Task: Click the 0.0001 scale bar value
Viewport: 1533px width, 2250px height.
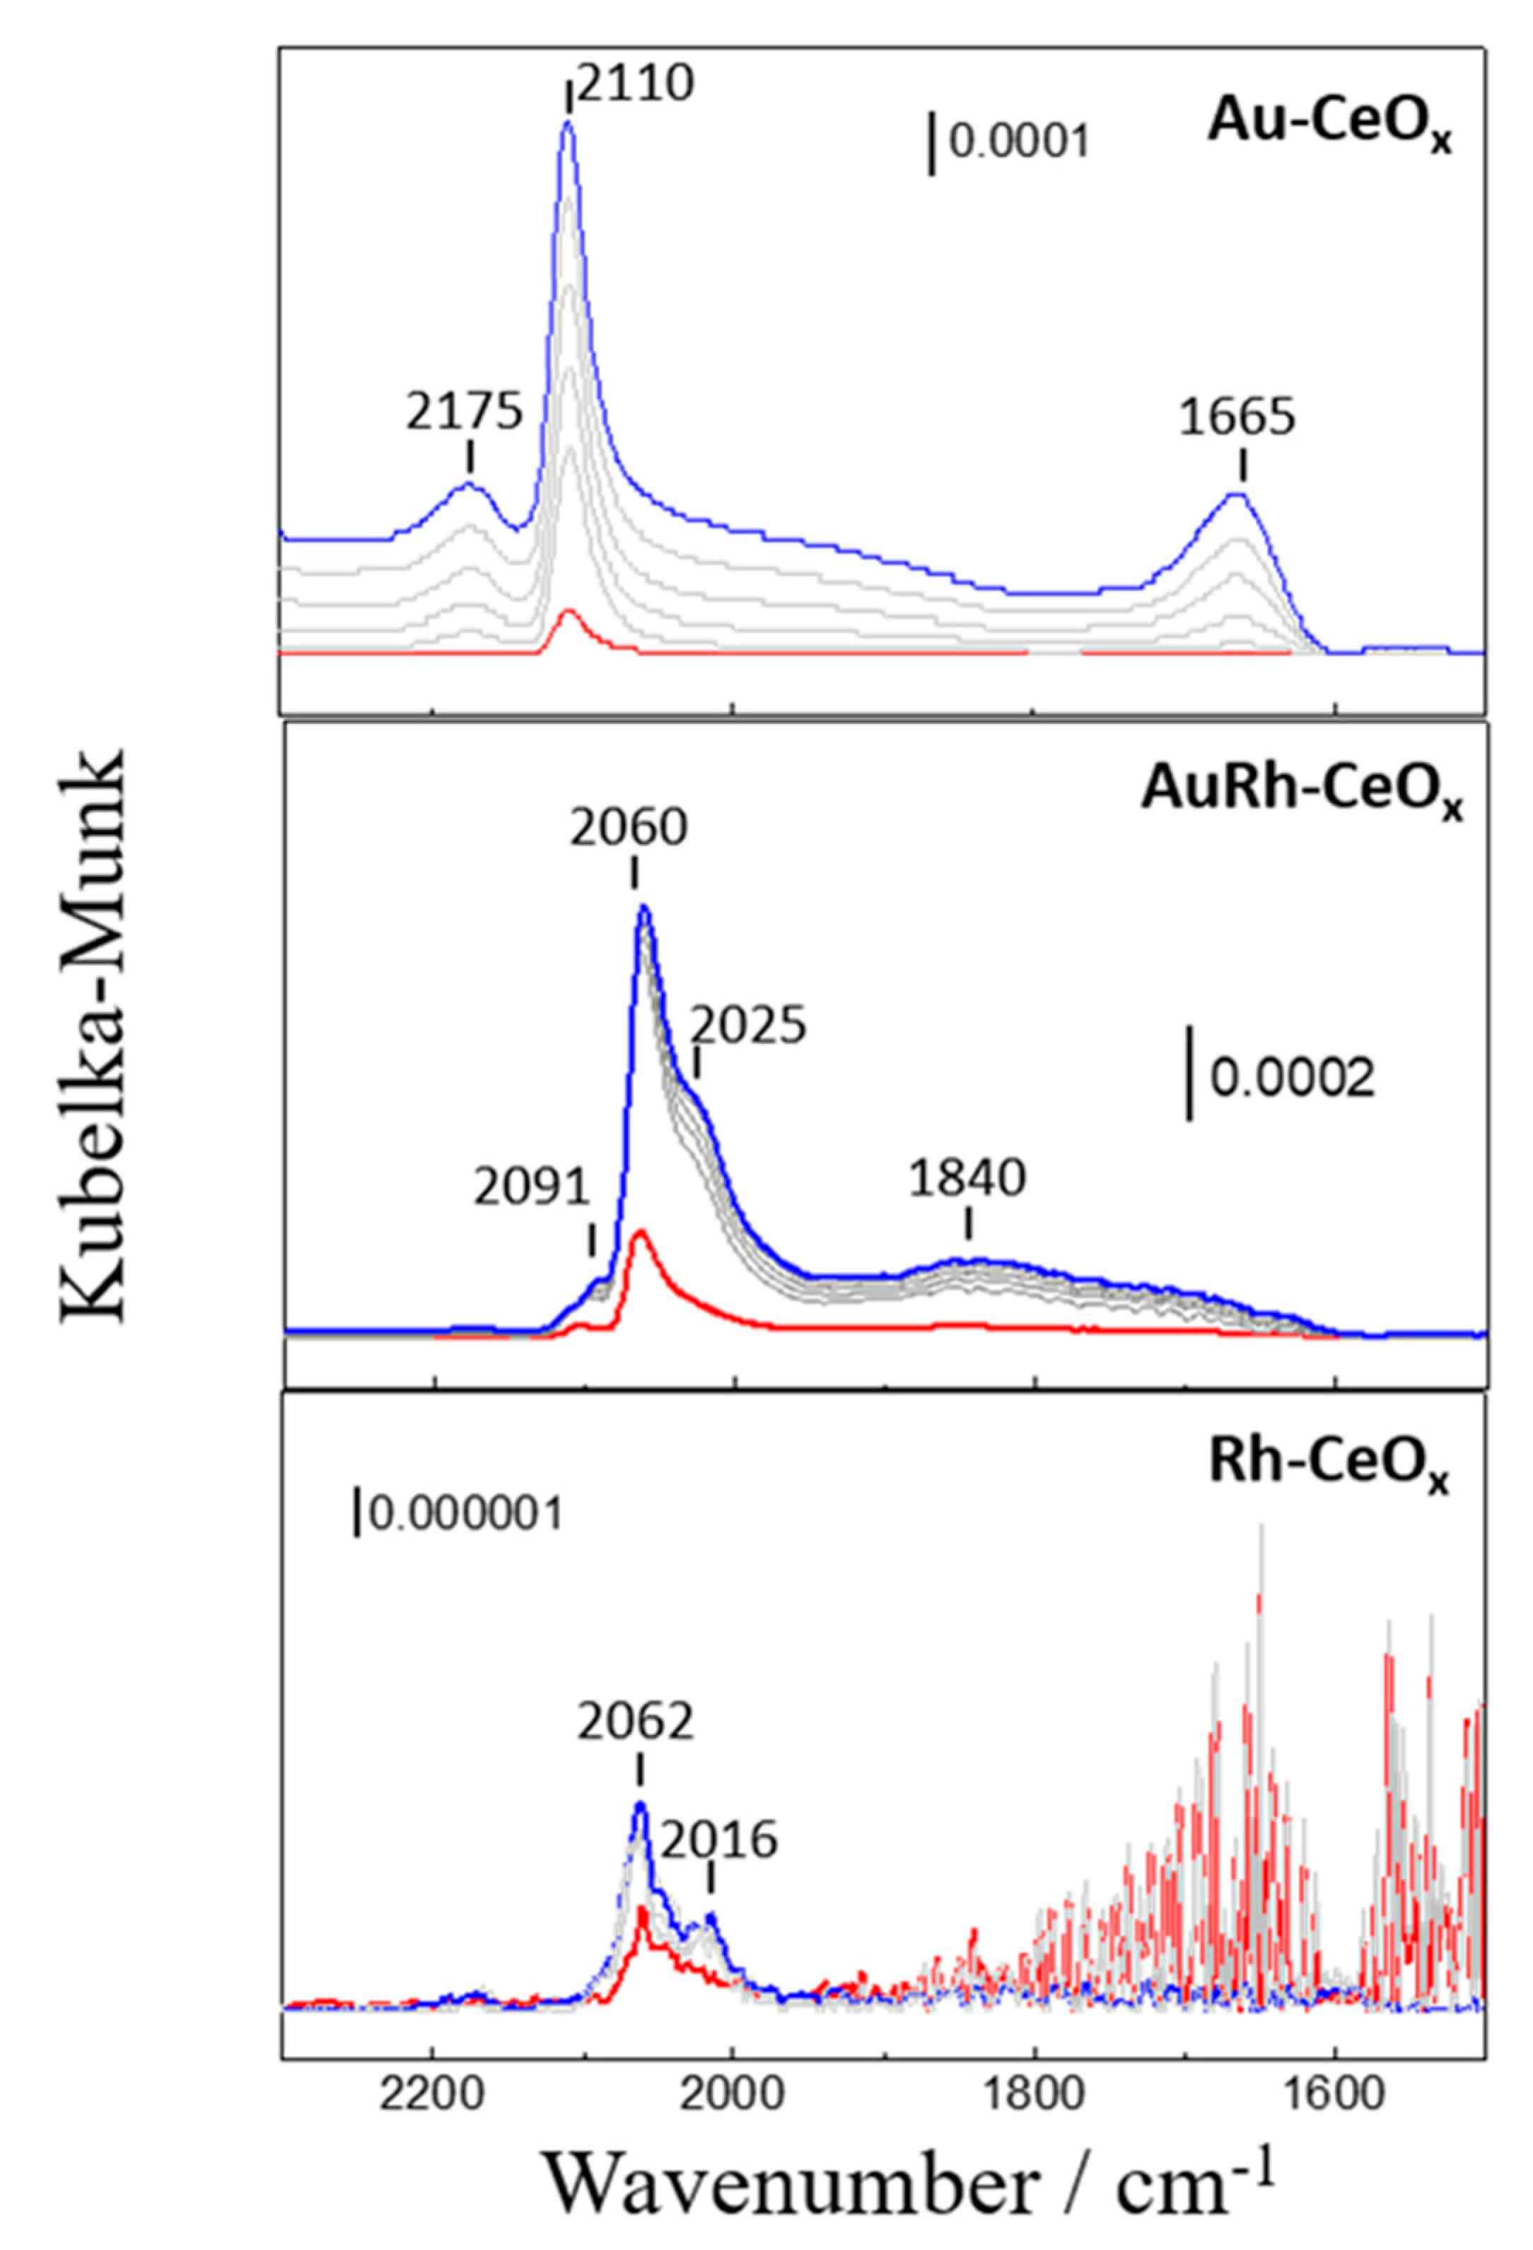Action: [1019, 144]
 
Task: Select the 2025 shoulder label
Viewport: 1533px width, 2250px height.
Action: [747, 1025]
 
